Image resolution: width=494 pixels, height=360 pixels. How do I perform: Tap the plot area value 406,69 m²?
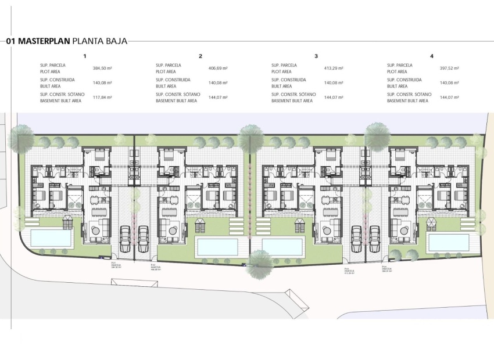[217, 69]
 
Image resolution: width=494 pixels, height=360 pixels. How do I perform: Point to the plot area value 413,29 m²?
[333, 69]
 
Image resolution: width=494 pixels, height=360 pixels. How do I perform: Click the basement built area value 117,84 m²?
[102, 98]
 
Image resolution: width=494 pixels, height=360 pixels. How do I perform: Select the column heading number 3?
[316, 56]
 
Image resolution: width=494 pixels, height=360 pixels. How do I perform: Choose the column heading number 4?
[432, 56]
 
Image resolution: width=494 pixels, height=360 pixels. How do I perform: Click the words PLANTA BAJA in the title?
[99, 41]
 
